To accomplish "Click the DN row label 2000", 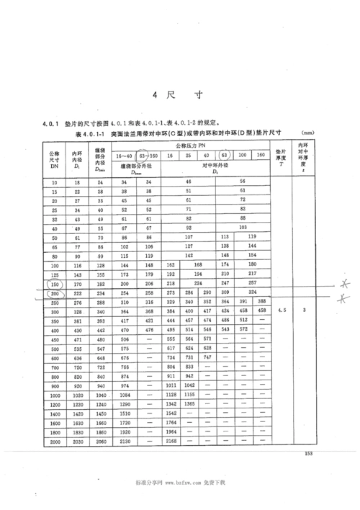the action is [x=55, y=440].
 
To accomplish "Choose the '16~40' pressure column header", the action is [x=123, y=156].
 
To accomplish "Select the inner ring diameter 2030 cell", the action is [x=77, y=440].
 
